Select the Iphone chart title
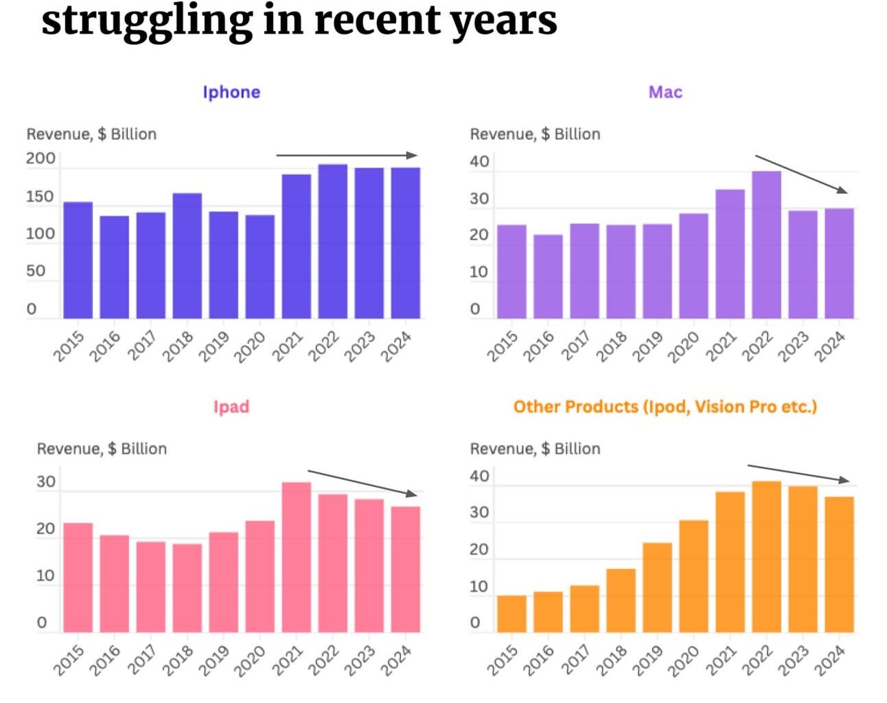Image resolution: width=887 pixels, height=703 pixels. point(231,92)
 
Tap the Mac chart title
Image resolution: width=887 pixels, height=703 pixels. point(665,92)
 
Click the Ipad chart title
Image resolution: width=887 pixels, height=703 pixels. point(231,406)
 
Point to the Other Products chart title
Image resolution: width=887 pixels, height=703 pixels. point(665,406)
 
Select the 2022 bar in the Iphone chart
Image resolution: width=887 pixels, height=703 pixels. point(332,241)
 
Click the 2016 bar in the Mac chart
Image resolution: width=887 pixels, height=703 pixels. point(548,276)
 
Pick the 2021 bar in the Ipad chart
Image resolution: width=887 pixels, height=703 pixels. point(296,557)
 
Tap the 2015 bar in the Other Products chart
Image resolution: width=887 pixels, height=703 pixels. point(511,613)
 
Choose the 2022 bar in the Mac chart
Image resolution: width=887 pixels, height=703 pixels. point(766,244)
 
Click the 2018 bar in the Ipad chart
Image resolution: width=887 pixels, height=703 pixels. point(187,588)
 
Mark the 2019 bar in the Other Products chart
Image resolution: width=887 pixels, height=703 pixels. point(657,587)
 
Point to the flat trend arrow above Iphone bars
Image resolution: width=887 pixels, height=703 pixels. point(347,155)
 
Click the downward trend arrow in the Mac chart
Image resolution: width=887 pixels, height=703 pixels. point(801,174)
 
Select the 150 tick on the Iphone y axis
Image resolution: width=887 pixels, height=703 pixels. point(40,197)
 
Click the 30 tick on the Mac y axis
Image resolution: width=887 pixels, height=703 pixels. point(479,199)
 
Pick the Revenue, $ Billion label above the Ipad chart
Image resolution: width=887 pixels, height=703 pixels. point(102,448)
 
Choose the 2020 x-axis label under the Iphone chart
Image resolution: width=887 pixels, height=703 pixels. point(249,347)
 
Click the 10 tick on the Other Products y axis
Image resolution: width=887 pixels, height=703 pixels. point(479,587)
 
